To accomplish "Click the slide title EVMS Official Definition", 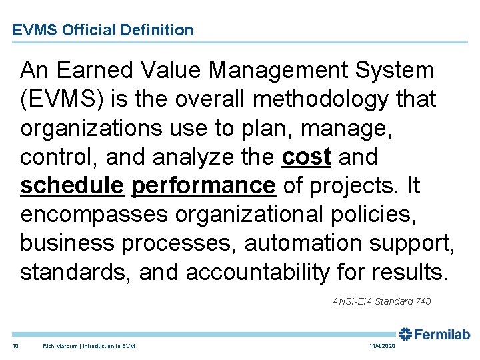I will (103, 30).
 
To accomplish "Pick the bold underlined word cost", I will (307, 157).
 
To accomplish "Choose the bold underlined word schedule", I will (72, 186).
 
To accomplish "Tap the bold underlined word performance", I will (204, 186).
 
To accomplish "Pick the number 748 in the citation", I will (423, 302).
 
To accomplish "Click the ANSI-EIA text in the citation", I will (353, 302).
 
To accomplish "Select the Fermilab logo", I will (435, 335).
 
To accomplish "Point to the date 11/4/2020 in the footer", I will (381, 346).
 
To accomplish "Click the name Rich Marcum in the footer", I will (60, 346).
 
